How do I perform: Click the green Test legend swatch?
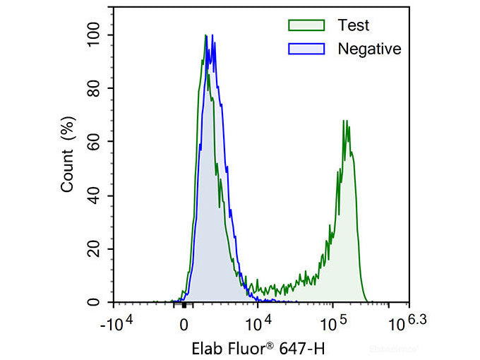pyautogui.click(x=306, y=25)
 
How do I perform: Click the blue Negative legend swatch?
pyautogui.click(x=306, y=49)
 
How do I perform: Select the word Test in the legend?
pyautogui.click(x=353, y=25)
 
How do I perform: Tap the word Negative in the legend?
pyautogui.click(x=369, y=49)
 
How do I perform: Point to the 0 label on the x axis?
pyautogui.click(x=184, y=325)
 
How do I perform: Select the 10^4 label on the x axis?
pyautogui.click(x=258, y=323)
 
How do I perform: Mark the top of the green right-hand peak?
pyautogui.click(x=344, y=121)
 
